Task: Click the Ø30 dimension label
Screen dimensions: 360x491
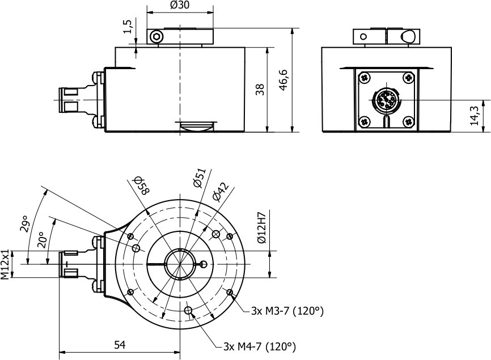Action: coord(179,6)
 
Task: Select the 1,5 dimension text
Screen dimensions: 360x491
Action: coord(128,27)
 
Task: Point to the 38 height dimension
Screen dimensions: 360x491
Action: coord(260,89)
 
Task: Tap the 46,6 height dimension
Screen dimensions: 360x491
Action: coord(284,80)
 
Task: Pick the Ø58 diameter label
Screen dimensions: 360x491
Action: coord(140,185)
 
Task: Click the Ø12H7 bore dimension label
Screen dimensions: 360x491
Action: coord(261,228)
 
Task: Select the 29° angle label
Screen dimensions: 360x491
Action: coord(24,225)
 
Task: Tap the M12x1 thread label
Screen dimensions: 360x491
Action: coord(6,264)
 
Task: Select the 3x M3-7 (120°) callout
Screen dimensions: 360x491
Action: coord(287,311)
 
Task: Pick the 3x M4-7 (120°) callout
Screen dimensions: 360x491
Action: coord(260,346)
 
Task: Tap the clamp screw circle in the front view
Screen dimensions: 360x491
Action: coord(156,37)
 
